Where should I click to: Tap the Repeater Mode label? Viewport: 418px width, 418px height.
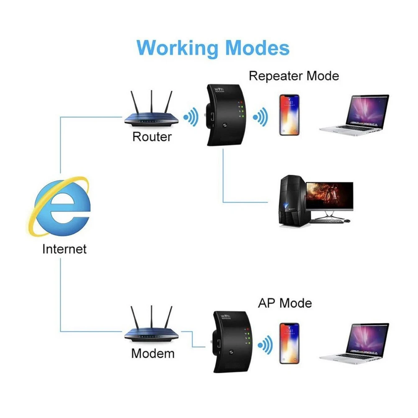pos(293,76)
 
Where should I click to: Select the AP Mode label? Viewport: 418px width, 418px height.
pos(285,303)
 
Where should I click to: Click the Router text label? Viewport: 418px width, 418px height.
pos(152,137)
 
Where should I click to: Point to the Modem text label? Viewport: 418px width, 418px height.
pos(153,354)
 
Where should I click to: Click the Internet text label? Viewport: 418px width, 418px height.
pos(64,249)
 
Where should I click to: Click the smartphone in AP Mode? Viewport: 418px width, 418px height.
pos(289,343)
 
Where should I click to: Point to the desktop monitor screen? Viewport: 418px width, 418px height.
pos(329,196)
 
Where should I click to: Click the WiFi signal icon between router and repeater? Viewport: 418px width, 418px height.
pos(191,117)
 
